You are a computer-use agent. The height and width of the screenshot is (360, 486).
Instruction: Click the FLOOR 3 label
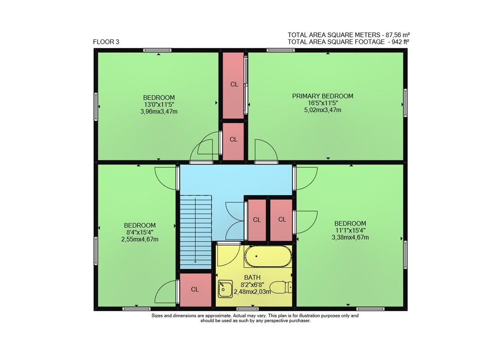coord(106,42)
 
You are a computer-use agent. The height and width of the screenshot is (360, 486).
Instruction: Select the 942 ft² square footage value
coord(400,42)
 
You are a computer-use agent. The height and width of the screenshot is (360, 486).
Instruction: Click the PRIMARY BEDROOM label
coord(323,96)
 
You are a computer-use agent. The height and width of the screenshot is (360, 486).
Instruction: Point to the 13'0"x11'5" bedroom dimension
coord(159,104)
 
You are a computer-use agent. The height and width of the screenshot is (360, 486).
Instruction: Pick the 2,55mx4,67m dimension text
coord(140,239)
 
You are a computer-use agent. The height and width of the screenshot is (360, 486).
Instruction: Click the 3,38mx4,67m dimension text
coord(350,237)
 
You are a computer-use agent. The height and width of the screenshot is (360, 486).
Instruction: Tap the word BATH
coord(252,277)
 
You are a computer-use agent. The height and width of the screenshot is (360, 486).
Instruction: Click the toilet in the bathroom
coord(281,287)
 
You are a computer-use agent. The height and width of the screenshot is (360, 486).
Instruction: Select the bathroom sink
coord(226,289)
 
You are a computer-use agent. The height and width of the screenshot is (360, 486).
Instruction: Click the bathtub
coord(268,256)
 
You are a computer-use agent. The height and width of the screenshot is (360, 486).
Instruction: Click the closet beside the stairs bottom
coord(195,290)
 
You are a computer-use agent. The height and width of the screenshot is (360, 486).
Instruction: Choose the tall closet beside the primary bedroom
coord(233,85)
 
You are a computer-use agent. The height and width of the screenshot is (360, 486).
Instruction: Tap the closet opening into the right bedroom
coord(281,220)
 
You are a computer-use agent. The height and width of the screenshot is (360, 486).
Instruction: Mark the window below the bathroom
coord(247,309)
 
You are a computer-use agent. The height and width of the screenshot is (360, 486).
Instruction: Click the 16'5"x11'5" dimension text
coord(323,103)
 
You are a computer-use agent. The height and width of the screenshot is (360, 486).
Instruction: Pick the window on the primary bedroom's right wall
coord(405,103)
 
